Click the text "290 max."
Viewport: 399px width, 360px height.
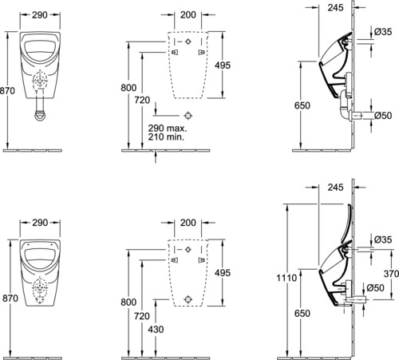[168, 129]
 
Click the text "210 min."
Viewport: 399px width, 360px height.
[166, 137]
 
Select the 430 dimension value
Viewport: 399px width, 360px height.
[156, 330]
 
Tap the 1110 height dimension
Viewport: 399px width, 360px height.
[286, 278]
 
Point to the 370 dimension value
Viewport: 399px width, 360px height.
[391, 273]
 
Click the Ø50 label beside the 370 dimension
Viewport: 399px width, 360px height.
[375, 287]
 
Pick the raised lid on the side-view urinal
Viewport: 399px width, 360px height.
[349, 222]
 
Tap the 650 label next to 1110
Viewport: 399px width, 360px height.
[302, 314]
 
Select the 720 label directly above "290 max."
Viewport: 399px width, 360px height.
[142, 100]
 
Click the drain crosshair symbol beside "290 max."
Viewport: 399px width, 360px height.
[188, 116]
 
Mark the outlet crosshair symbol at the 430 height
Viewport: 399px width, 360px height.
[188, 299]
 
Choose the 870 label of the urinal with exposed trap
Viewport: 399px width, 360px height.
[7, 91]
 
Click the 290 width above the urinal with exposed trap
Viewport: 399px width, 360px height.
[40, 15]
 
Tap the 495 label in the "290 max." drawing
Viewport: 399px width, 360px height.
[223, 65]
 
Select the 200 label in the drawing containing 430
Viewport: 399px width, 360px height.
[188, 223]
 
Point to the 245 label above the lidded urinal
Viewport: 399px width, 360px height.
[335, 188]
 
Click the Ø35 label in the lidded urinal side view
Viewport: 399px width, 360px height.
[383, 239]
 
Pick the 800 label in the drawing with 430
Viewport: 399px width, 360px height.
[128, 302]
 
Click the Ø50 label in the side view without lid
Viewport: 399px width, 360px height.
[383, 115]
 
